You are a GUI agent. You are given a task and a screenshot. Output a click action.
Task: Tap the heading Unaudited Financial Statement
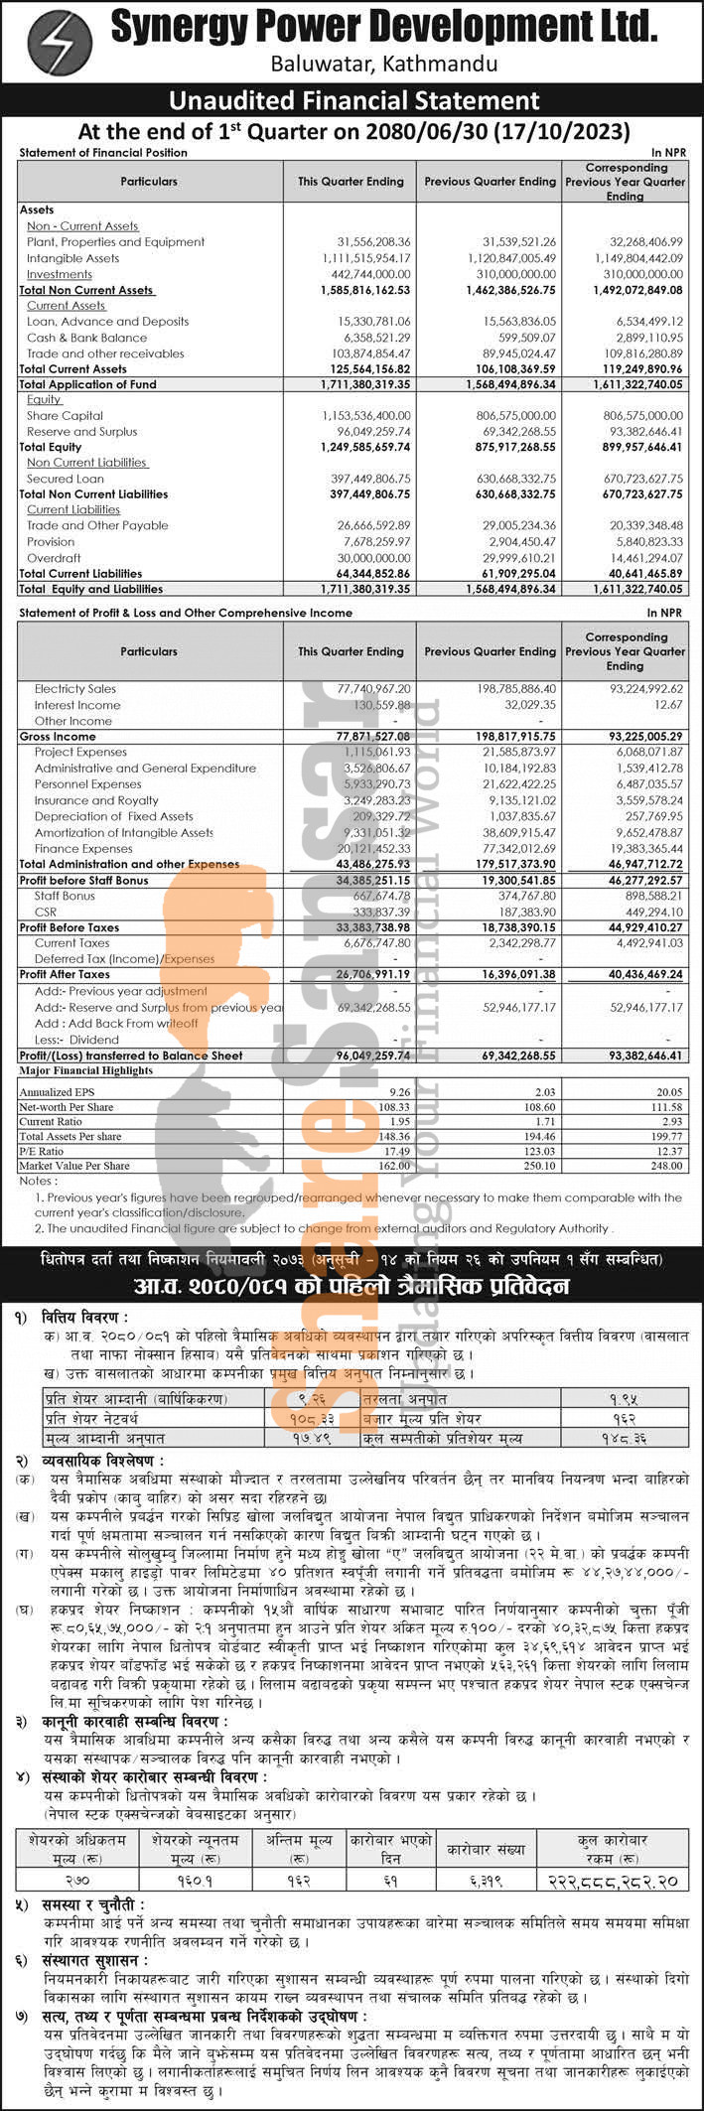pyautogui.click(x=353, y=100)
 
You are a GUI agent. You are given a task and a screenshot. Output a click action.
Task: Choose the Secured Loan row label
pyautogui.click(x=65, y=479)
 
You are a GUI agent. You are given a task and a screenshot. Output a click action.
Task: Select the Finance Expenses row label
pyautogui.click(x=83, y=849)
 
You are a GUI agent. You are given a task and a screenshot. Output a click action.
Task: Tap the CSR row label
pyautogui.click(x=45, y=912)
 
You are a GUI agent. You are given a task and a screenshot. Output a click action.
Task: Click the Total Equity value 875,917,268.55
pyautogui.click(x=503, y=448)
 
